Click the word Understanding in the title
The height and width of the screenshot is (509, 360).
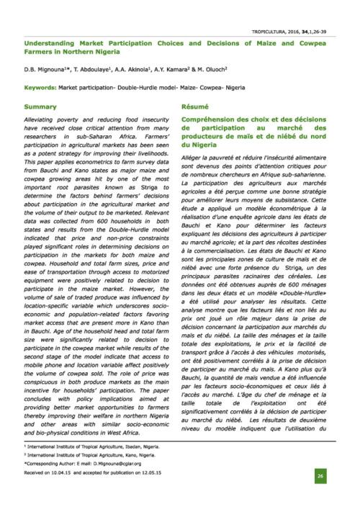point(47,42)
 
